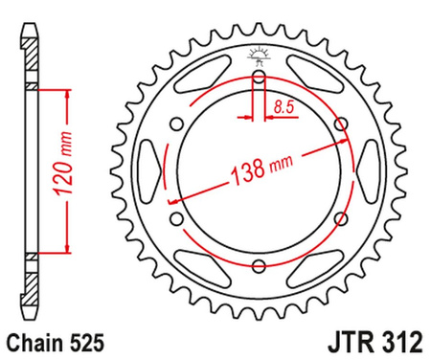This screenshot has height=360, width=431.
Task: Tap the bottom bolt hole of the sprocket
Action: [x=259, y=265]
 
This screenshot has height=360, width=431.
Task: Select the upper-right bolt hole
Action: [x=340, y=124]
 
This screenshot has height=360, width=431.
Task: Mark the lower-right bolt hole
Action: [x=339, y=219]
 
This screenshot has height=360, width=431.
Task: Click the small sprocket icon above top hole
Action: [x=259, y=56]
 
